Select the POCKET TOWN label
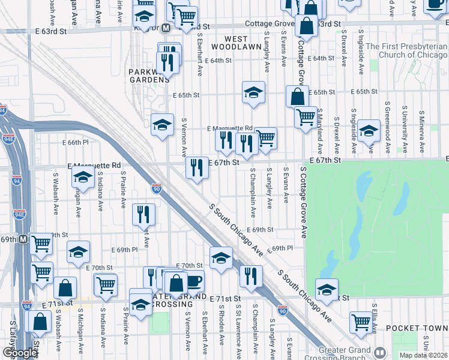click(x=417, y=328)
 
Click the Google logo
click(x=19, y=352)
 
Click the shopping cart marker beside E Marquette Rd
click(x=266, y=138)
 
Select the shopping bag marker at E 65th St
click(x=298, y=96)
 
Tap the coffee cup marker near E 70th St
click(x=193, y=280)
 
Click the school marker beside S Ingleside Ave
click(x=369, y=131)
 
